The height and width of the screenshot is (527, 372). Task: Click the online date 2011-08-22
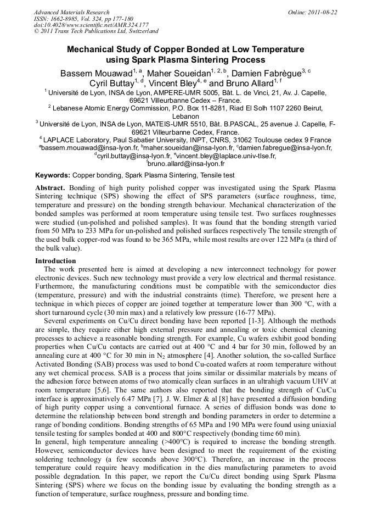[x=320, y=12]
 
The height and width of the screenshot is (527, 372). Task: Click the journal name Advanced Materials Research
[x=71, y=12]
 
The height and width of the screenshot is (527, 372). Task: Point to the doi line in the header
[x=91, y=25]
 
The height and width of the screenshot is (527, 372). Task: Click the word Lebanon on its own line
[x=185, y=117]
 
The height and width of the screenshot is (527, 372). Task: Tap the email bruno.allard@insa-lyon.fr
[x=186, y=164]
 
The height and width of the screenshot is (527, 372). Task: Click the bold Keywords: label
[x=53, y=175]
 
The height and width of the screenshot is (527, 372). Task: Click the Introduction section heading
[x=55, y=260]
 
